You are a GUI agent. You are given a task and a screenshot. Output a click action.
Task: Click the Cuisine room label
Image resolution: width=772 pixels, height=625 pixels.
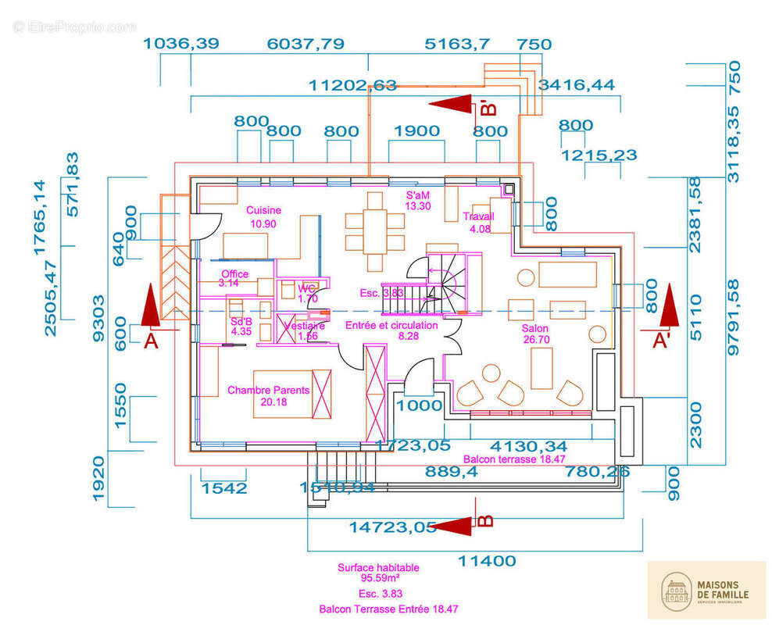point(263,211)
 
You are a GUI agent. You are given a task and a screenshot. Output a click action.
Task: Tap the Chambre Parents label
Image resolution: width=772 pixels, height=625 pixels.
point(268,391)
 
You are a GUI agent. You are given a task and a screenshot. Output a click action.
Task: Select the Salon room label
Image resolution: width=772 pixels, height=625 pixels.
point(535,329)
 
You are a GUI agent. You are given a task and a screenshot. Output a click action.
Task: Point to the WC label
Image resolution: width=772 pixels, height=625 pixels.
point(306,288)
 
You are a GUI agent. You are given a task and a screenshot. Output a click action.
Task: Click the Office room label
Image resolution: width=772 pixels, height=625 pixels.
point(234,274)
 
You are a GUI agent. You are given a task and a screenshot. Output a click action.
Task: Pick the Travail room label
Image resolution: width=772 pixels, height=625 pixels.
point(478,217)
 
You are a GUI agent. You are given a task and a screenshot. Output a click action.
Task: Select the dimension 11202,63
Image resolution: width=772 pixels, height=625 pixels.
point(353,85)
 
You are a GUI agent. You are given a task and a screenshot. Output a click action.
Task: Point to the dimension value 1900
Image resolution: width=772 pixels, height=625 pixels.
point(416,130)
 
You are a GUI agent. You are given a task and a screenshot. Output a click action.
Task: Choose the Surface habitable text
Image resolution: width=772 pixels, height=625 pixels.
point(378,568)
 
